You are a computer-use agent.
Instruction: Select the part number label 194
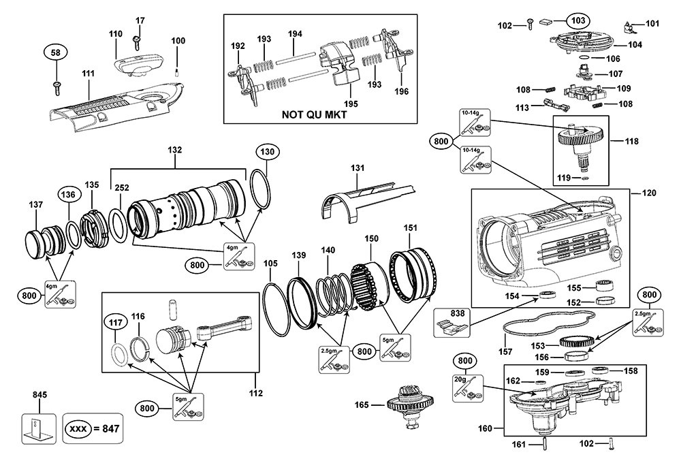(294, 33)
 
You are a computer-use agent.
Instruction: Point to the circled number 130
(266, 151)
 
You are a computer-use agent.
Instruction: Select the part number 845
(39, 394)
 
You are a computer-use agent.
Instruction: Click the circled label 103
(577, 20)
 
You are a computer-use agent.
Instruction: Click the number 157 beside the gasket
(505, 353)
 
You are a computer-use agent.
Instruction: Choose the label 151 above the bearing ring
(410, 227)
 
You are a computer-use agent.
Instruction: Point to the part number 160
(484, 429)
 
